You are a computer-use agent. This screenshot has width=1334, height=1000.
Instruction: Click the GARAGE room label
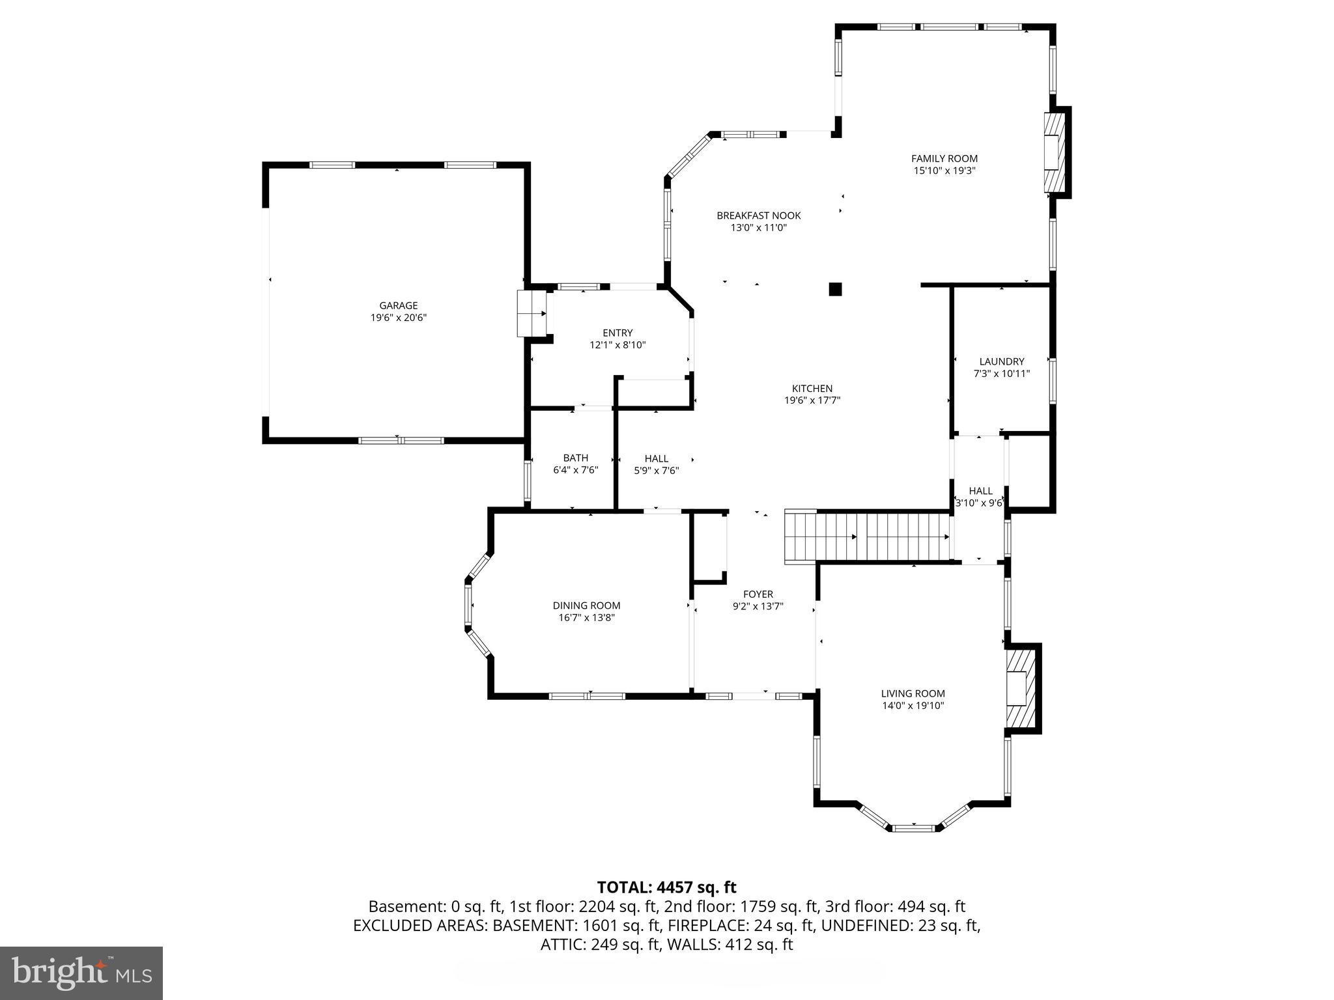click(x=398, y=305)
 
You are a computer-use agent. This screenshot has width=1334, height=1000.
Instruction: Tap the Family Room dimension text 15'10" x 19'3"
click(x=944, y=171)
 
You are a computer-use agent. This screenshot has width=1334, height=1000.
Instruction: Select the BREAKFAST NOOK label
click(x=758, y=215)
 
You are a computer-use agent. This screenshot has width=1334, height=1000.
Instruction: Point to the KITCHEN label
click(x=812, y=389)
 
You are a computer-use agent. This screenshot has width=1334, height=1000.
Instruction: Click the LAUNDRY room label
click(x=1001, y=361)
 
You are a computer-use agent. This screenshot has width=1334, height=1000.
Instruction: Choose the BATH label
click(x=575, y=458)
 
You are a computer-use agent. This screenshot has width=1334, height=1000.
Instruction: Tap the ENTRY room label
click(x=617, y=333)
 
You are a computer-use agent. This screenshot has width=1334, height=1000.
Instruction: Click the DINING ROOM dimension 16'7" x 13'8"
click(x=586, y=618)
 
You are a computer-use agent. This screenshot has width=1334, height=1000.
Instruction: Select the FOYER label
click(x=758, y=594)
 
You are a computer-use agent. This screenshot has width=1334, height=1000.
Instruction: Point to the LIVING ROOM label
click(x=913, y=693)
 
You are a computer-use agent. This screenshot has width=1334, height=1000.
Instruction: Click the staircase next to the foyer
click(x=866, y=536)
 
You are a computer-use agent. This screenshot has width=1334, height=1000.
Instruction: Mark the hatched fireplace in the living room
click(x=1020, y=689)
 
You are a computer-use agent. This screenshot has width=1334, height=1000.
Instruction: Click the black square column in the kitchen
click(x=835, y=289)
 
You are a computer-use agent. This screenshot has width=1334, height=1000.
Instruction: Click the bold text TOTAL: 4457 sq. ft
click(x=666, y=887)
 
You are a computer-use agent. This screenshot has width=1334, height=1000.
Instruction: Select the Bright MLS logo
click(x=81, y=973)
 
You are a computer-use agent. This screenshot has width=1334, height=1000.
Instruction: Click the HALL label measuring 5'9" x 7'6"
click(x=656, y=458)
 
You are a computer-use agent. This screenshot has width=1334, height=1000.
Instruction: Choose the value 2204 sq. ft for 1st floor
click(x=579, y=906)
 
